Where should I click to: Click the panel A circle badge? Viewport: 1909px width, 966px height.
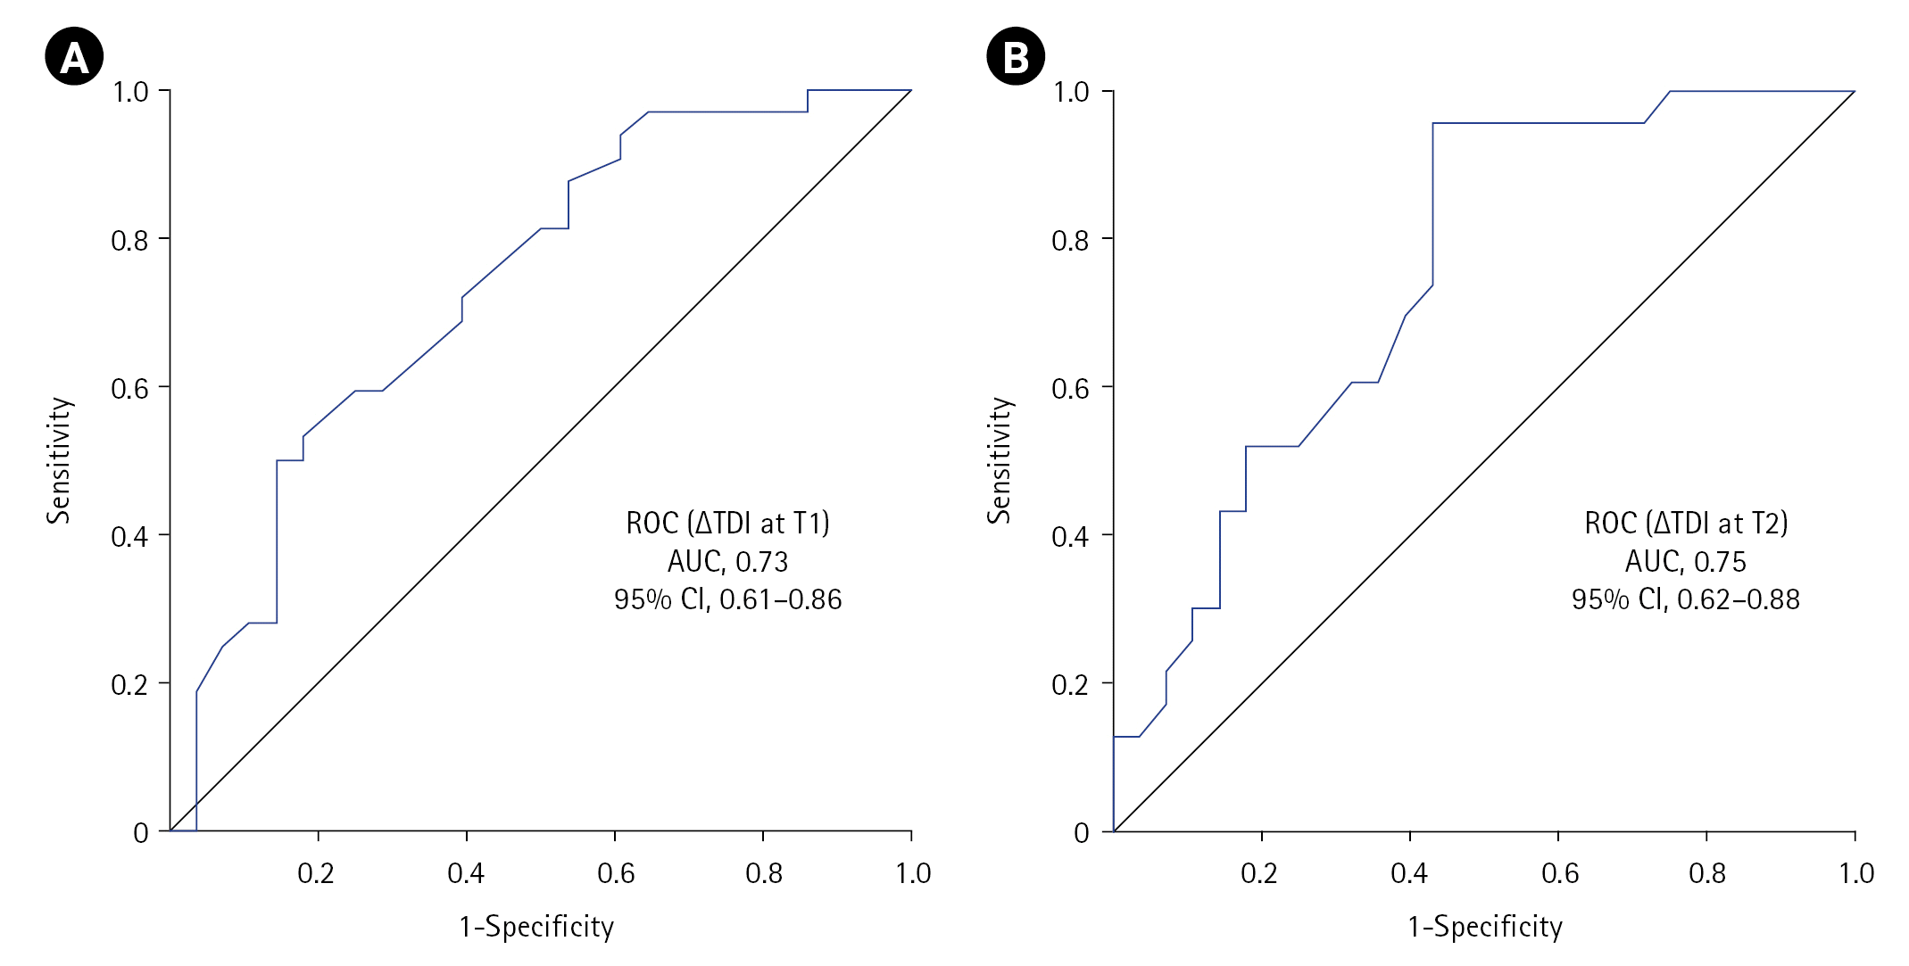[x=74, y=56]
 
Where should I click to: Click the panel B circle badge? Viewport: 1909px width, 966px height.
[x=1016, y=56]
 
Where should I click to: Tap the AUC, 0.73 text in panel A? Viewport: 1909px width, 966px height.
[x=727, y=562]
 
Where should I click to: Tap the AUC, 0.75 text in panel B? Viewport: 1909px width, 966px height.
[x=1685, y=562]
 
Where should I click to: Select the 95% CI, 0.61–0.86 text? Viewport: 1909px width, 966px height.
[x=727, y=599]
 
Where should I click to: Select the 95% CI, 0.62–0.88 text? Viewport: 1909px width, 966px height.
[x=1685, y=599]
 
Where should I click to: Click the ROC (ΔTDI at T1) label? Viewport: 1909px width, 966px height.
[x=727, y=523]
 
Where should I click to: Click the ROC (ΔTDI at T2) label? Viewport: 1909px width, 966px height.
[x=1686, y=523]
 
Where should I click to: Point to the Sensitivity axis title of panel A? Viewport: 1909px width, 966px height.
[x=59, y=460]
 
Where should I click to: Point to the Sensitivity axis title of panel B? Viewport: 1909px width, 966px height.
[x=1000, y=460]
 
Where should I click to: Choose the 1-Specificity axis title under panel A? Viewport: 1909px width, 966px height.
[x=536, y=927]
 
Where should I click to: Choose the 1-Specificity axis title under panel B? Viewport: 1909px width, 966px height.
[x=1485, y=927]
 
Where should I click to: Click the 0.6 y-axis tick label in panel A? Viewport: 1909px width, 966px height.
[x=129, y=388]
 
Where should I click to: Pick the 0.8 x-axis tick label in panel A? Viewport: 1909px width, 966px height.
[x=764, y=873]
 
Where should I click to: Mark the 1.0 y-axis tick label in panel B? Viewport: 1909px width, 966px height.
[x=1071, y=92]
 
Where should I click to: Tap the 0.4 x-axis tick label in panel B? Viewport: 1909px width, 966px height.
[x=1409, y=873]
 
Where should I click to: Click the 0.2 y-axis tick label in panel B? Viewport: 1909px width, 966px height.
[x=1070, y=685]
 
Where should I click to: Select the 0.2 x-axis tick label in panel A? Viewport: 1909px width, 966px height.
[x=316, y=873]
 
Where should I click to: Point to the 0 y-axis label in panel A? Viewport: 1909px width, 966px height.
[x=141, y=833]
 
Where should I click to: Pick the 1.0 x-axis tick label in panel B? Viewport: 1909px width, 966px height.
[x=1856, y=873]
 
